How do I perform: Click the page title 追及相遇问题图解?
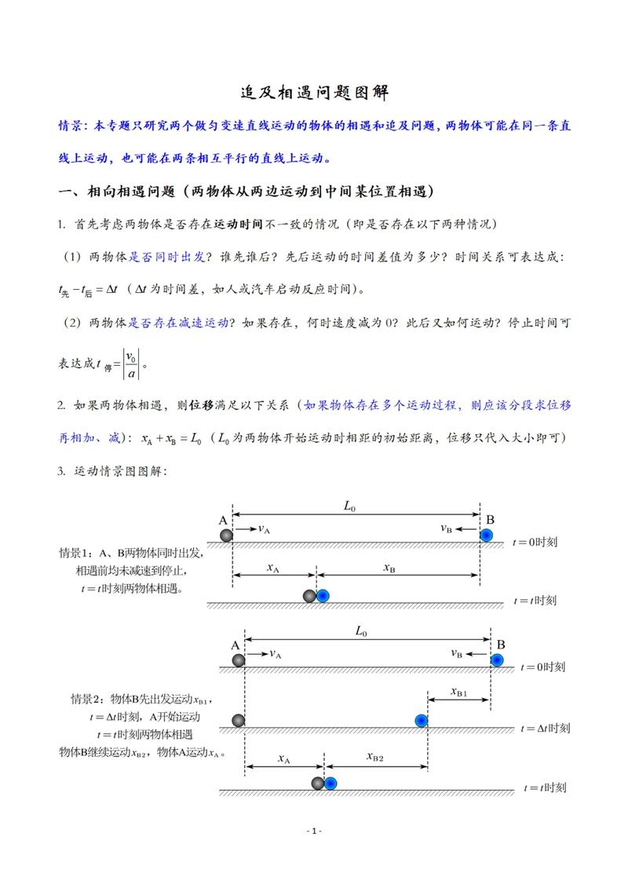click(314, 93)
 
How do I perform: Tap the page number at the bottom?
click(314, 831)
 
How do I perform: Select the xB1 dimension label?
click(459, 692)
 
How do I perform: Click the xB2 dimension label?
click(375, 757)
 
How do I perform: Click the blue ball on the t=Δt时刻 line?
click(422, 720)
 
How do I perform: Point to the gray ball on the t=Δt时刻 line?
click(239, 720)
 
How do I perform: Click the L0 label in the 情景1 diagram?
click(350, 507)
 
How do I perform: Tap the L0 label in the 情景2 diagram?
click(361, 630)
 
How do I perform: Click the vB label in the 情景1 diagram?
click(447, 528)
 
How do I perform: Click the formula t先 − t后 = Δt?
click(88, 290)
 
